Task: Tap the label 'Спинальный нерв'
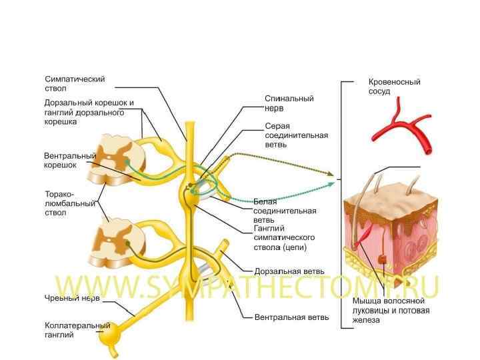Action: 289,103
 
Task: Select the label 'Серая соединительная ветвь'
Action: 296,135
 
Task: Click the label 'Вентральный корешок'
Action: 70,160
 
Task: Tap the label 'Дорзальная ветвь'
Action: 289,272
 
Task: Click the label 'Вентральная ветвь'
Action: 291,317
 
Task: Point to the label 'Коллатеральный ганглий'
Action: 77,330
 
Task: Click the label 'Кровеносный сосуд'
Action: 394,87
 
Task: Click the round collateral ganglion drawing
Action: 107,333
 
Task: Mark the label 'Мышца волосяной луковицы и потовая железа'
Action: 391,311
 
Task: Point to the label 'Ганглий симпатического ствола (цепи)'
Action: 284,237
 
